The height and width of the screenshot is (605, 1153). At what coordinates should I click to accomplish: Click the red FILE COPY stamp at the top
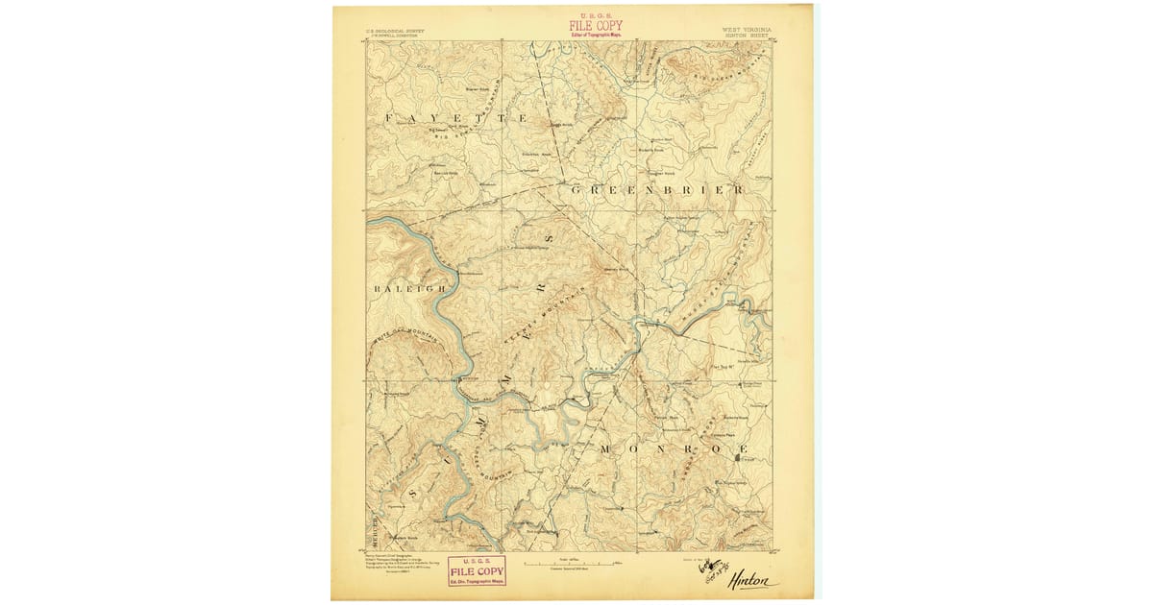pos(596,26)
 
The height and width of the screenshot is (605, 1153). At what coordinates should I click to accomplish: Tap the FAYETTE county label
pos(455,117)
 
